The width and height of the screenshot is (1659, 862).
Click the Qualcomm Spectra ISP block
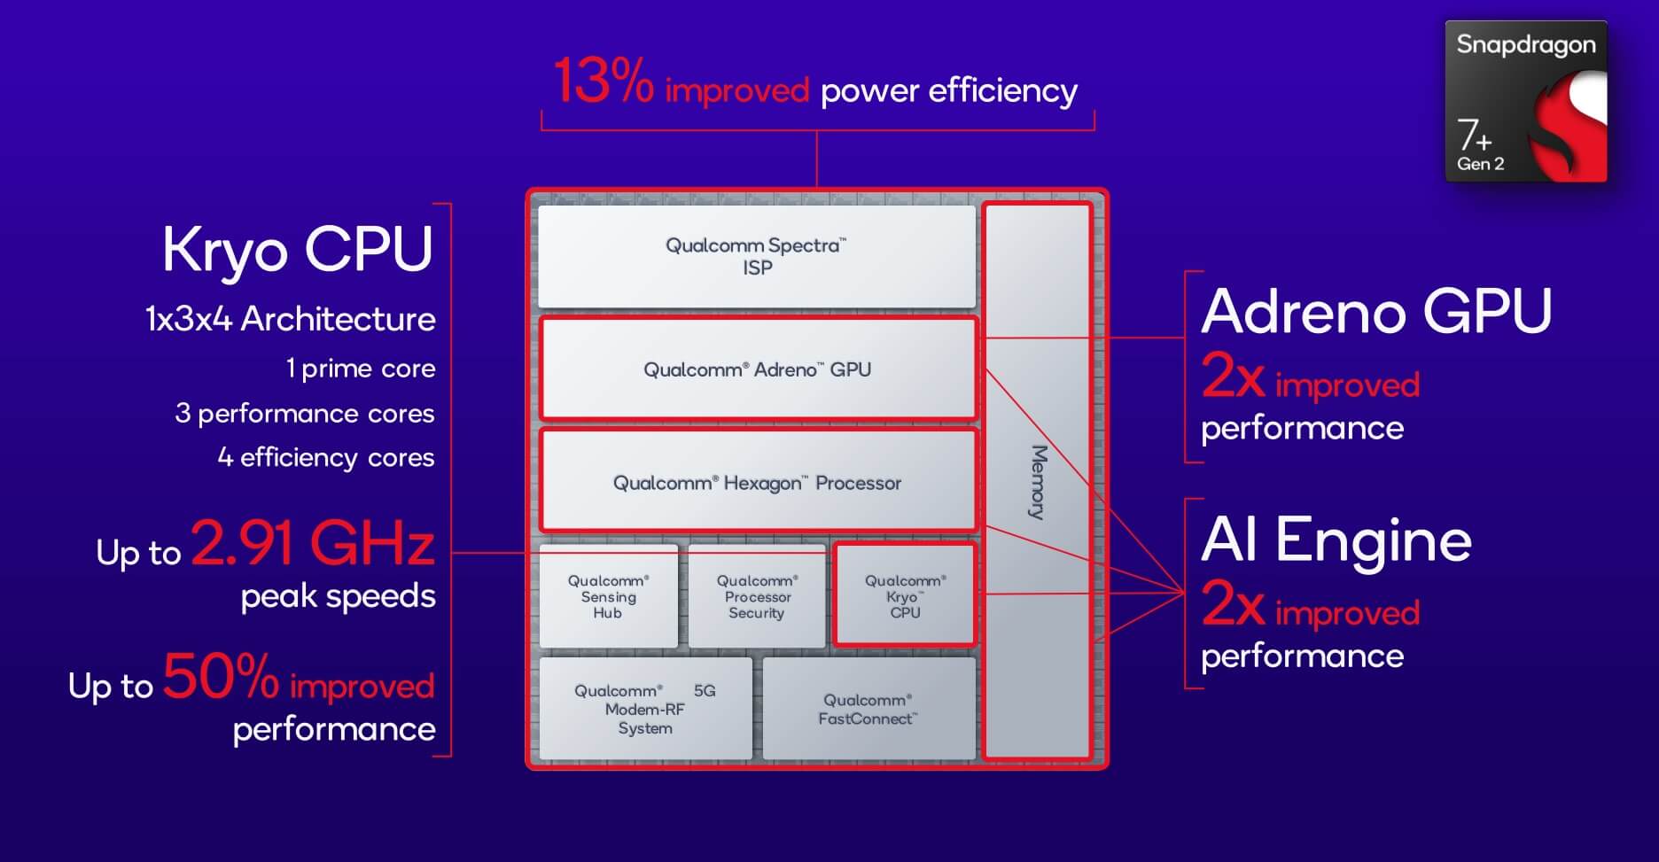click(x=757, y=257)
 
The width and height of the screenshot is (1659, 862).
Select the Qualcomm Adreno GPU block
click(x=758, y=369)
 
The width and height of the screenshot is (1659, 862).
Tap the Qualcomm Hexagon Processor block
click(x=758, y=481)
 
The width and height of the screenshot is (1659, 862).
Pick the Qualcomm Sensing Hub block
click(x=609, y=596)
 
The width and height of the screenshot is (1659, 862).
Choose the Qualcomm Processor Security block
click(x=757, y=596)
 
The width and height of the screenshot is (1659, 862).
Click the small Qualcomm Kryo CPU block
click(x=905, y=594)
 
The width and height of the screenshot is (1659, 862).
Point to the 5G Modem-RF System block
click(x=645, y=709)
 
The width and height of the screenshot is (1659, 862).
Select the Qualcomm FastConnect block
click(x=868, y=709)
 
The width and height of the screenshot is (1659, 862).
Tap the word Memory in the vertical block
click(x=1039, y=482)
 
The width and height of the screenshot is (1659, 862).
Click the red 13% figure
click(x=604, y=82)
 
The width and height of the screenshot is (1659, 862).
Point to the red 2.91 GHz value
click(x=313, y=542)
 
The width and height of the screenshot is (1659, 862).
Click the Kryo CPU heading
click(x=298, y=249)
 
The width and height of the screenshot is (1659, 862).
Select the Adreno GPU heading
click(x=1376, y=311)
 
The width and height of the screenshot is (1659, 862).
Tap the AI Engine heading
click(x=1336, y=540)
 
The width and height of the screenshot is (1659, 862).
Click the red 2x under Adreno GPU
click(x=1233, y=377)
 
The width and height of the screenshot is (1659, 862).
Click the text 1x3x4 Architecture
click(x=291, y=319)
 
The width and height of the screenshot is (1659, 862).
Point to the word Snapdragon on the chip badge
click(x=1526, y=45)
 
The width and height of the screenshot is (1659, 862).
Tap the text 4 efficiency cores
click(x=326, y=457)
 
